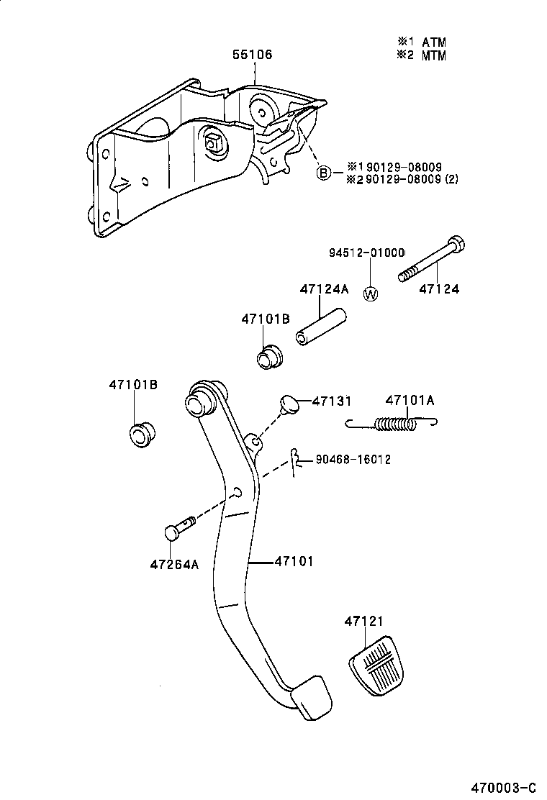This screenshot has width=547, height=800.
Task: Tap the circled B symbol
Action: click(324, 173)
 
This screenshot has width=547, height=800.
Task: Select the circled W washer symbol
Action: click(371, 294)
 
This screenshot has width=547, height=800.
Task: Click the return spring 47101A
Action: click(394, 424)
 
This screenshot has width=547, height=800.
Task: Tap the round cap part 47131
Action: click(289, 404)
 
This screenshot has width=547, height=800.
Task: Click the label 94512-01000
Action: click(366, 253)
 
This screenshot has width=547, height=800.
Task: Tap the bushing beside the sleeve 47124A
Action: click(271, 356)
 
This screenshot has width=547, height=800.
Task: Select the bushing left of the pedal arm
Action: click(141, 435)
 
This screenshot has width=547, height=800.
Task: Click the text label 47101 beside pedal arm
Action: click(294, 560)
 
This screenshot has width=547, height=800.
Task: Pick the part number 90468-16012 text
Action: click(353, 459)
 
